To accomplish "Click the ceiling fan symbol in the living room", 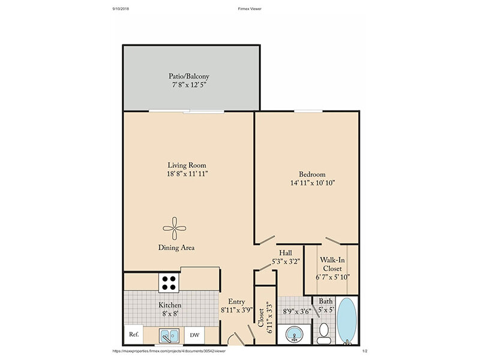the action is coord(175,229).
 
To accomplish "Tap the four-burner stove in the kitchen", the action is coord(169,283).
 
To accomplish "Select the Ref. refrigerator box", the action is coord(134,334).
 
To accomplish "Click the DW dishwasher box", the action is coord(194,335).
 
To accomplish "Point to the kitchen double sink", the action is coord(169,336).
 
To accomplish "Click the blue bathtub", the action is coord(347,321).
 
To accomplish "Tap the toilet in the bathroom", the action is coord(323,334).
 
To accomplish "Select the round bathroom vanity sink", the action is coord(294,334).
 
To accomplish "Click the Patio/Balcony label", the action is coord(189,76).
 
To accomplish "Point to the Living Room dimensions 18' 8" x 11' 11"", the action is coord(187,174).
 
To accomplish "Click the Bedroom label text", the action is coord(312,174).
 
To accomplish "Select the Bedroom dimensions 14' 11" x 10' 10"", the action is coord(313,183).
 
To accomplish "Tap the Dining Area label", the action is coord(176,247).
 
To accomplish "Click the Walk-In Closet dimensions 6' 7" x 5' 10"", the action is coord(332,277).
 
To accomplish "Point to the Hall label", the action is coord(286,253).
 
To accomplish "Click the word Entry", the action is coord(236,302).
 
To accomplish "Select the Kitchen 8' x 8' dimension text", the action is coord(170,314).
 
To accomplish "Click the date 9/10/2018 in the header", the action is coord(121,8).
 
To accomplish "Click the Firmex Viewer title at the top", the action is coord(250,8).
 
